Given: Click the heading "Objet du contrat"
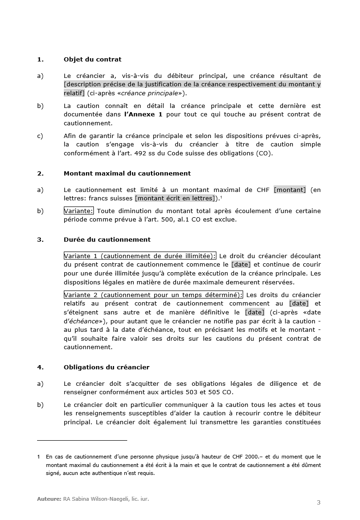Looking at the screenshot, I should coord(92,60).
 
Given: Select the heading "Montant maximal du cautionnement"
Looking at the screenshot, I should coord(127,174).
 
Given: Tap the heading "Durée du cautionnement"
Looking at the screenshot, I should coord(107,240).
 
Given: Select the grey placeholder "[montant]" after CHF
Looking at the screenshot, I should coord(290,190).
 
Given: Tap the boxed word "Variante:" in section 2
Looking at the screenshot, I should coord(78,211).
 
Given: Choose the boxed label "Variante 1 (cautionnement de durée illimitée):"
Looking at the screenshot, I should coord(140,256).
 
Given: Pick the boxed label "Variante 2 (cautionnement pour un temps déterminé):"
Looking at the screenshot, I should coord(153,295).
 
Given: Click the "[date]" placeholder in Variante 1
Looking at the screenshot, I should coord(241,265).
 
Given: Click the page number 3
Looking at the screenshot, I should coord(319,503).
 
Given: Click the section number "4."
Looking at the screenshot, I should coord(40,367).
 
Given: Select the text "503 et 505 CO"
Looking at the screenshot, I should coord(210,392).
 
